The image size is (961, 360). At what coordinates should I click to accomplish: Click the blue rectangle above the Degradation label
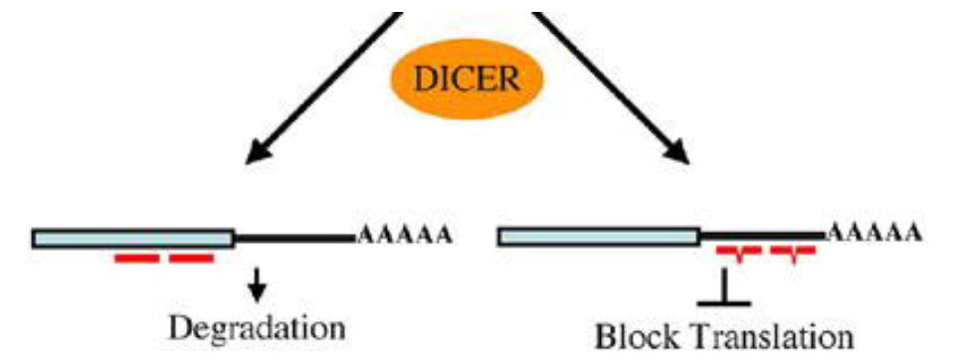coord(133,238)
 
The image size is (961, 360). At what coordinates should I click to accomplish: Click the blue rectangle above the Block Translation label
coord(598,236)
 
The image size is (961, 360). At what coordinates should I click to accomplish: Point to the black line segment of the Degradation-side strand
coord(294,238)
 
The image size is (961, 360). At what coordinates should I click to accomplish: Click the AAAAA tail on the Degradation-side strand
coord(405,237)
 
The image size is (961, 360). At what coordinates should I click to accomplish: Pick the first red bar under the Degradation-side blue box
coord(137,260)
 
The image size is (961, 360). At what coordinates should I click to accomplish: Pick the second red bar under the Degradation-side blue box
coord(191,260)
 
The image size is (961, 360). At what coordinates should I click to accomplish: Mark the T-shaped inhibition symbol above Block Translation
coord(727,287)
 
